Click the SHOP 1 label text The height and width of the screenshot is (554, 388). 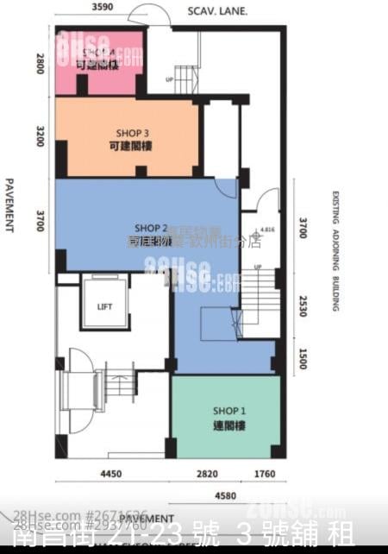[x=224, y=412]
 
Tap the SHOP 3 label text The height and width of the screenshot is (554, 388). [x=132, y=134]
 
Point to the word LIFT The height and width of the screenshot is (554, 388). [x=104, y=306]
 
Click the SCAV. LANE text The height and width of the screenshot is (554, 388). [x=217, y=11]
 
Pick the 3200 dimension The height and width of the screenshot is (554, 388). [x=40, y=136]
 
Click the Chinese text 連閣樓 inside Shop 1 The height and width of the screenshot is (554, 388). [x=224, y=425]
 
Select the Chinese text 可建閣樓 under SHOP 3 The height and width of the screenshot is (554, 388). [x=132, y=148]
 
